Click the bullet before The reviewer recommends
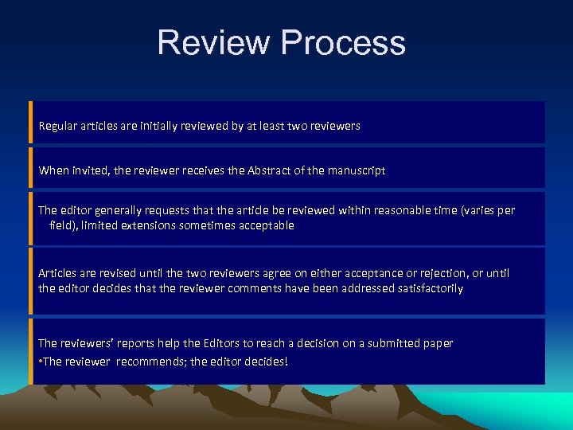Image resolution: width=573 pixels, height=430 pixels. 40,362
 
